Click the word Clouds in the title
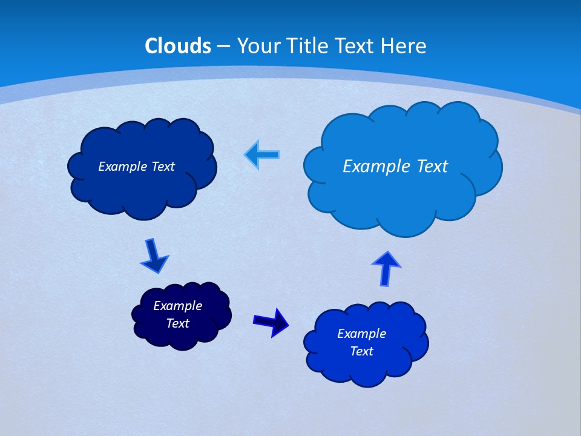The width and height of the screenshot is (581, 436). pyautogui.click(x=178, y=46)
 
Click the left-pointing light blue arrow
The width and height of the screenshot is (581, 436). pyautogui.click(x=262, y=155)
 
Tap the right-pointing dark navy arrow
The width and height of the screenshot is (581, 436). pyautogui.click(x=271, y=322)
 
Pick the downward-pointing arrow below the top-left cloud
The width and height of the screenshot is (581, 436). pyautogui.click(x=154, y=256)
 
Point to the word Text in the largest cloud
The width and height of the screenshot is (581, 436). pyautogui.click(x=432, y=166)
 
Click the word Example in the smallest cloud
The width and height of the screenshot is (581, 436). pyautogui.click(x=177, y=306)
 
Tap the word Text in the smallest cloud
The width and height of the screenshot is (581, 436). pyautogui.click(x=177, y=323)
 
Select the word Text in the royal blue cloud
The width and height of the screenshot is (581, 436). pyautogui.click(x=361, y=351)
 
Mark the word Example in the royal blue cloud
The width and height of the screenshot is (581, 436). pyautogui.click(x=361, y=334)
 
